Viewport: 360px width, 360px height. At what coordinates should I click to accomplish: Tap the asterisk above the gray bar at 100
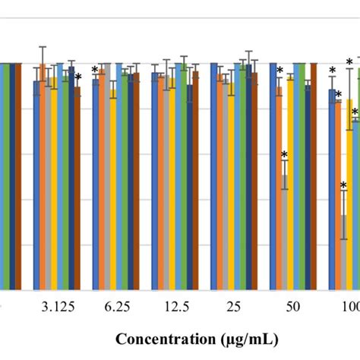point(343,186)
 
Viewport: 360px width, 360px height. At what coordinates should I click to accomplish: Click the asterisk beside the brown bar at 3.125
point(78,77)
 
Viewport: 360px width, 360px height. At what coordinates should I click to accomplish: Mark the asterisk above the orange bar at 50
point(279,71)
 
